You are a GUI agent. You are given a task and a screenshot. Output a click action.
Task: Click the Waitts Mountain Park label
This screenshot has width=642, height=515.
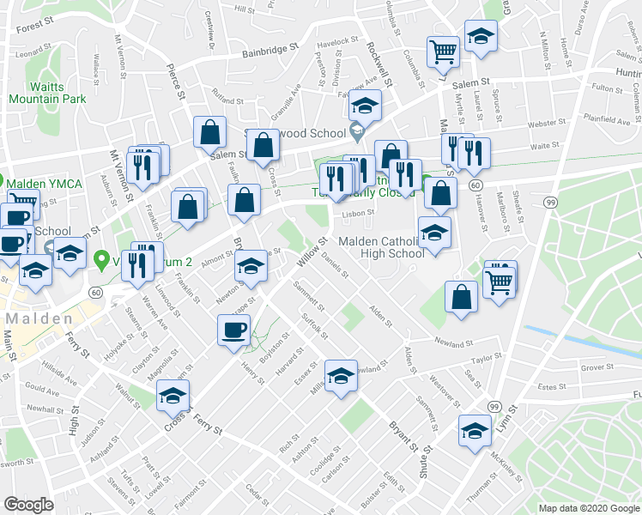pos(47,93)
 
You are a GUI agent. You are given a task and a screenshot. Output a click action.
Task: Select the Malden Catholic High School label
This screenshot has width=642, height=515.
pos(381,247)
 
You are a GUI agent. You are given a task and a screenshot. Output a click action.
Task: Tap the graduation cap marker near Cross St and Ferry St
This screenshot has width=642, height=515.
pos(173,396)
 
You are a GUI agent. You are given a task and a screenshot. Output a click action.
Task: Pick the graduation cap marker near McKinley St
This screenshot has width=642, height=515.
pos(475,430)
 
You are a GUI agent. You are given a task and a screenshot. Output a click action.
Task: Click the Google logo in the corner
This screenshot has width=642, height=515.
pos(28,505)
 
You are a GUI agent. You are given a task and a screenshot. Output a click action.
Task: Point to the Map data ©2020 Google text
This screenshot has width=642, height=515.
pos(589,508)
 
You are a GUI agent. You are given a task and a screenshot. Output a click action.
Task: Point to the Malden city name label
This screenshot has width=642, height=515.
pos(40,318)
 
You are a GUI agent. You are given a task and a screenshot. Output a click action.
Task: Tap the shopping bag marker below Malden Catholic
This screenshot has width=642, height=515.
pos(461,297)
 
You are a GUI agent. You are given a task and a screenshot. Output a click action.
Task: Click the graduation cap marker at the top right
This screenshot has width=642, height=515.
pos(481,36)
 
